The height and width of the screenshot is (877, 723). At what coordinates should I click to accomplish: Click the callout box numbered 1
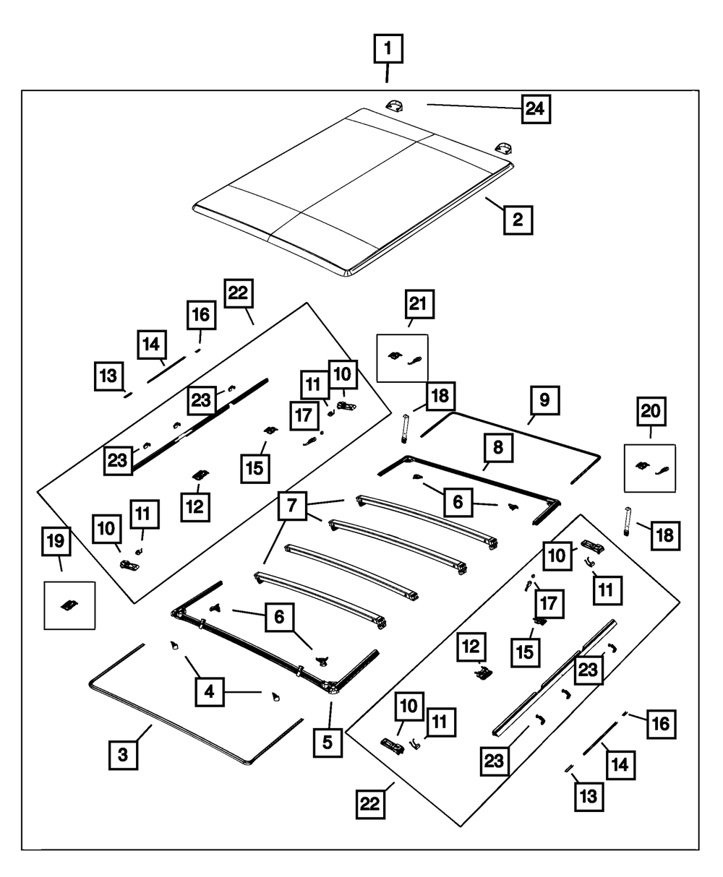coord(388,50)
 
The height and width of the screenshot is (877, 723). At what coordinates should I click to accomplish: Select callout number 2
coord(518,219)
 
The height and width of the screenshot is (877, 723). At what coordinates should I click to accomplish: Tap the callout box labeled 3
coord(123,755)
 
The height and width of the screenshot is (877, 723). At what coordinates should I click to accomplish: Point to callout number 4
coord(209,692)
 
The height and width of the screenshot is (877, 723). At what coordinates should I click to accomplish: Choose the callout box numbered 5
coord(328,741)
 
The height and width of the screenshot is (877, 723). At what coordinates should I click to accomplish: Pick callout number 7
coord(291,506)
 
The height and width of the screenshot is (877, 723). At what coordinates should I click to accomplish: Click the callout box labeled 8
coord(498,450)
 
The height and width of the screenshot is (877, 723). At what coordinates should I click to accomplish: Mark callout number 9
coord(544,399)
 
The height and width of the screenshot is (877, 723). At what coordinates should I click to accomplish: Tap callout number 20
coord(651,411)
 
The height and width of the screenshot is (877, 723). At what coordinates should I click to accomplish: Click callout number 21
coord(419,306)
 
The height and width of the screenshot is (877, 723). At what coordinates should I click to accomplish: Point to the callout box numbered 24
coord(535,110)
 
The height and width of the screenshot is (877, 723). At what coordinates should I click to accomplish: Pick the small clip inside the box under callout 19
coord(70,605)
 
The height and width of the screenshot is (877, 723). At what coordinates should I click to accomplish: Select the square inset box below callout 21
coord(403,358)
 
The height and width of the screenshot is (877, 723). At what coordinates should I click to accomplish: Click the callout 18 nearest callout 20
coord(664,535)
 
